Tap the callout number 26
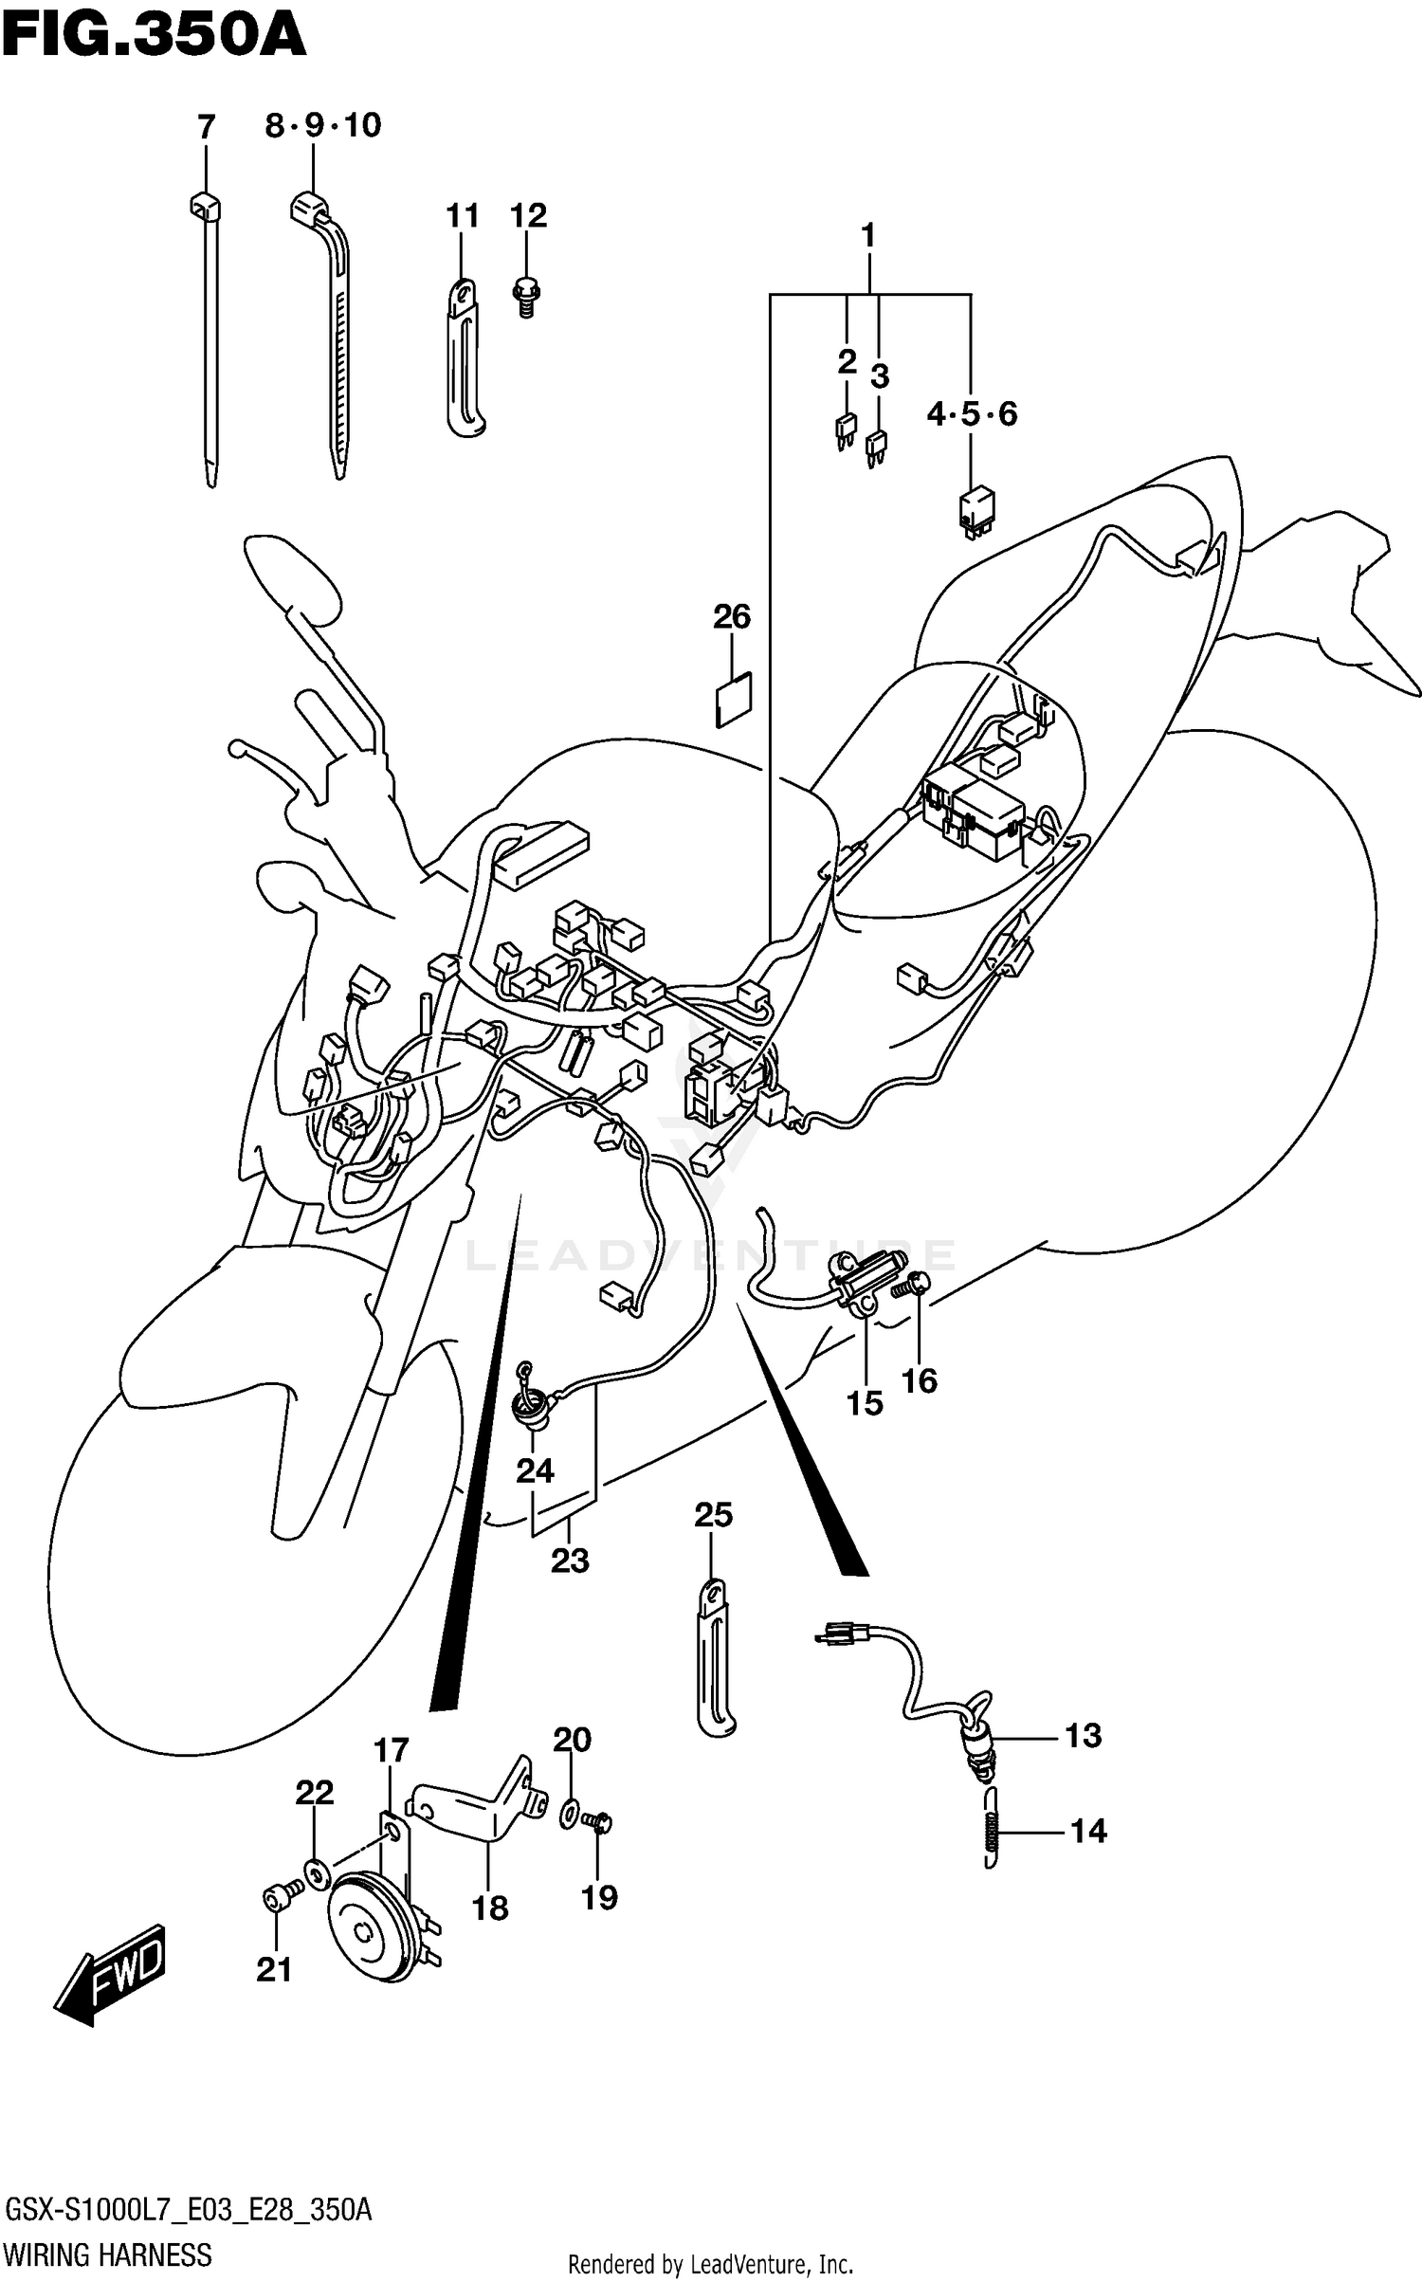click(x=732, y=617)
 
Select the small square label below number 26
click(x=733, y=700)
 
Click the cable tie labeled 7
click(x=209, y=341)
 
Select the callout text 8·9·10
click(x=322, y=125)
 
